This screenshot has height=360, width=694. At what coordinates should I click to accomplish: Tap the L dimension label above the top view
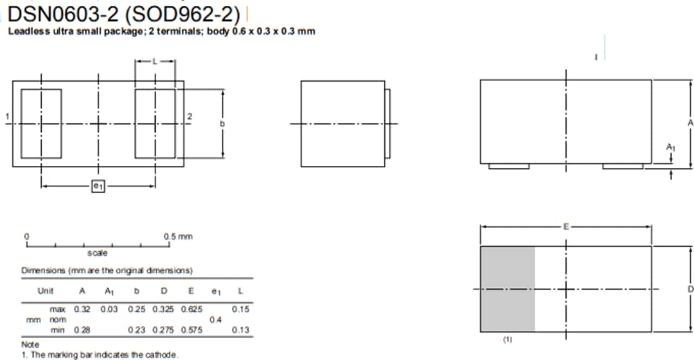click(x=154, y=61)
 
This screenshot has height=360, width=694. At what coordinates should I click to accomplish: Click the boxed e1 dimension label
click(x=98, y=186)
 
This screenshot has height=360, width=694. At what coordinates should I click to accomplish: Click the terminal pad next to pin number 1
click(x=41, y=123)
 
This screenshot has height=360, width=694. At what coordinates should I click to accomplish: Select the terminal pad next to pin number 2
click(x=155, y=123)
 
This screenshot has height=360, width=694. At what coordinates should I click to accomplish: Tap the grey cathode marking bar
click(x=508, y=289)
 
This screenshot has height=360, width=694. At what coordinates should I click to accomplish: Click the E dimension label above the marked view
click(x=565, y=226)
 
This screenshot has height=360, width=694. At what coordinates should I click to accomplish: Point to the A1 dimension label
click(x=670, y=148)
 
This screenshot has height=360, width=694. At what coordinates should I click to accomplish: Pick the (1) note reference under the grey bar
click(x=507, y=339)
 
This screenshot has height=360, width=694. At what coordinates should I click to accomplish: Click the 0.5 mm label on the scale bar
click(x=178, y=237)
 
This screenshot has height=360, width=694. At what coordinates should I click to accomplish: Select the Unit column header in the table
click(x=46, y=291)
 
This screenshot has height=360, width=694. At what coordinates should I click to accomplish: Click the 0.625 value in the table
click(x=191, y=309)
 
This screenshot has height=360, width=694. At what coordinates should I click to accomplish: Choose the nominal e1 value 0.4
click(x=215, y=319)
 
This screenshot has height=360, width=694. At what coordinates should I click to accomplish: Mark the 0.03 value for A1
click(x=109, y=309)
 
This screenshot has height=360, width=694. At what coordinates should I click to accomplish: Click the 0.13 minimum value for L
click(x=241, y=330)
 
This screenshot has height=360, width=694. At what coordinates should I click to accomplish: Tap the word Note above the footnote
click(x=30, y=345)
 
